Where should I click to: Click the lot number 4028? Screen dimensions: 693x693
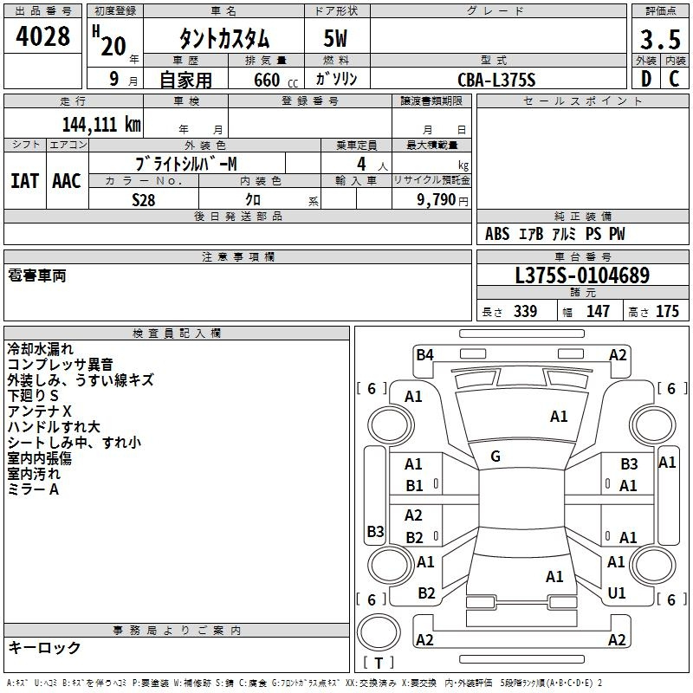point(43,37)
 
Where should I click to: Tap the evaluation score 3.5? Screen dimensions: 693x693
point(659,40)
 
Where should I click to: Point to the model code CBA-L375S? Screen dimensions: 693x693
point(496,80)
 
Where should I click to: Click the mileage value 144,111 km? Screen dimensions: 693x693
point(100,124)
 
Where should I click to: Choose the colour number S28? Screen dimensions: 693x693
point(145,198)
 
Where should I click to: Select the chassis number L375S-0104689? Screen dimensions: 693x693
point(582,275)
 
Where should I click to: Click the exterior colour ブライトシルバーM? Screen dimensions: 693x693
point(186,163)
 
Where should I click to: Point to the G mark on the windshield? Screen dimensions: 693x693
point(495,457)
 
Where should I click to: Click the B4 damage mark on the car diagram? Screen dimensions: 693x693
point(424,354)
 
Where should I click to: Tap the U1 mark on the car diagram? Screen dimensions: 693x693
point(617,593)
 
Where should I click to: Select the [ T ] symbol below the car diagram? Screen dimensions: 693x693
point(379,663)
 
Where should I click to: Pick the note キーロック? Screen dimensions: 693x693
point(44,647)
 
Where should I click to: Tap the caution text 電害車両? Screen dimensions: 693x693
point(36,275)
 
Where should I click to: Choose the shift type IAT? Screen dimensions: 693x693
point(24,181)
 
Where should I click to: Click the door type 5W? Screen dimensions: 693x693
point(337,40)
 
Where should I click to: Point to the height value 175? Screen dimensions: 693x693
point(667,312)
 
